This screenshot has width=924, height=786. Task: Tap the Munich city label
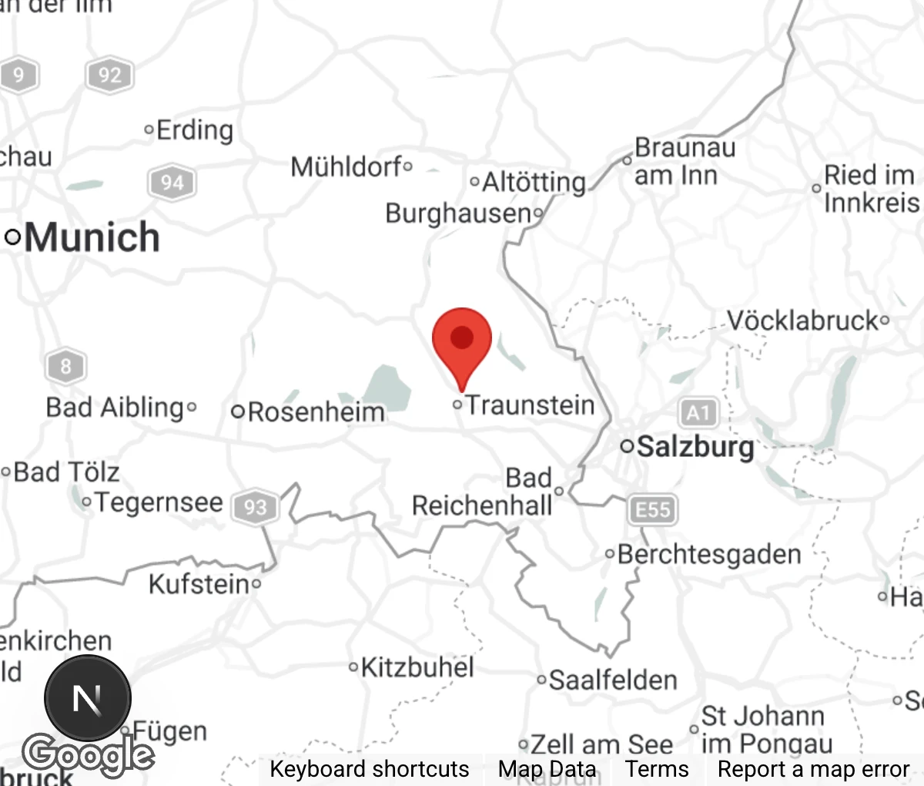(x=91, y=237)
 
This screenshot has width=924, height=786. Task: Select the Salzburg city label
(x=695, y=446)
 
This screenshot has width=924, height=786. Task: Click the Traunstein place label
(x=530, y=405)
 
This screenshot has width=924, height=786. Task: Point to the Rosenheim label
(x=315, y=411)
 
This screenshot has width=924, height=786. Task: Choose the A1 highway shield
(x=698, y=413)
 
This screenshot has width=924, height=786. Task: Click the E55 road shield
(x=652, y=509)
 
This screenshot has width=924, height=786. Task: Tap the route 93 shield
(x=255, y=507)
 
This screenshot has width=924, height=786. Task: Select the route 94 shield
(x=172, y=183)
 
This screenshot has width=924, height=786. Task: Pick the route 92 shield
(x=109, y=75)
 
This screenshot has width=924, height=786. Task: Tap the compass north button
(x=87, y=699)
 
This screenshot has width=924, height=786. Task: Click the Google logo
(x=87, y=754)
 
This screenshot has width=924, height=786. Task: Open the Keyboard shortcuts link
(x=369, y=769)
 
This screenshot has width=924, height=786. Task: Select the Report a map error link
(x=813, y=769)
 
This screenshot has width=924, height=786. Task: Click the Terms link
(x=656, y=769)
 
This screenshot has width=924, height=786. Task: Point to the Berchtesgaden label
(x=708, y=554)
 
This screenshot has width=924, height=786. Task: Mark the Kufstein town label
(x=199, y=584)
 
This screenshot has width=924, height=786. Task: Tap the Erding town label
(x=194, y=130)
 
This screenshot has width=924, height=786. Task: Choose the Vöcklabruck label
(x=802, y=321)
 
